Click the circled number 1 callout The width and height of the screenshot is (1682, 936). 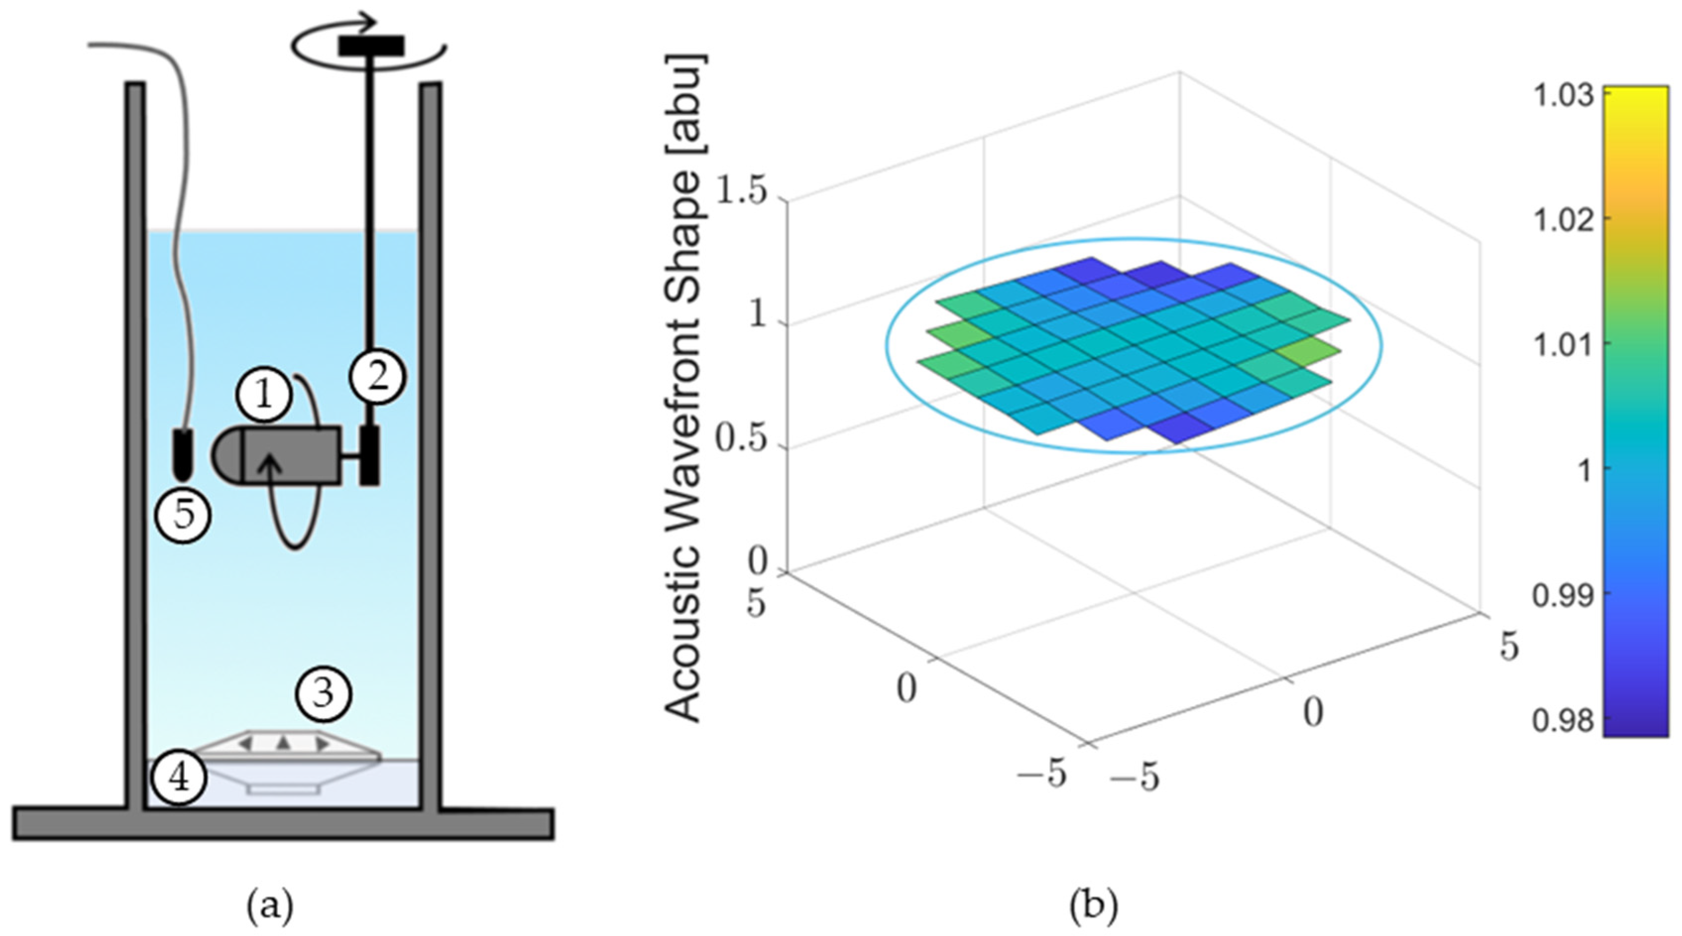pos(264,395)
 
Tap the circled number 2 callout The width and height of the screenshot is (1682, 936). pos(378,376)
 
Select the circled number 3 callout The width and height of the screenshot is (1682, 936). pos(324,693)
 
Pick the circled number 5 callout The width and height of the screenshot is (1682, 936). pos(183,515)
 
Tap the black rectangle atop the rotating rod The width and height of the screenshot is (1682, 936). pos(371,46)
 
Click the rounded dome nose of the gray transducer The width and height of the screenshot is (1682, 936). pos(227,455)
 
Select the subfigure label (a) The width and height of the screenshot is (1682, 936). pos(270,906)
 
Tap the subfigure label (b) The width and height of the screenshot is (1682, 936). pos(1093,906)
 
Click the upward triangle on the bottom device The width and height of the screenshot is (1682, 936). pos(282,742)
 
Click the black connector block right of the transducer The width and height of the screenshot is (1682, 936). pos(369,455)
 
